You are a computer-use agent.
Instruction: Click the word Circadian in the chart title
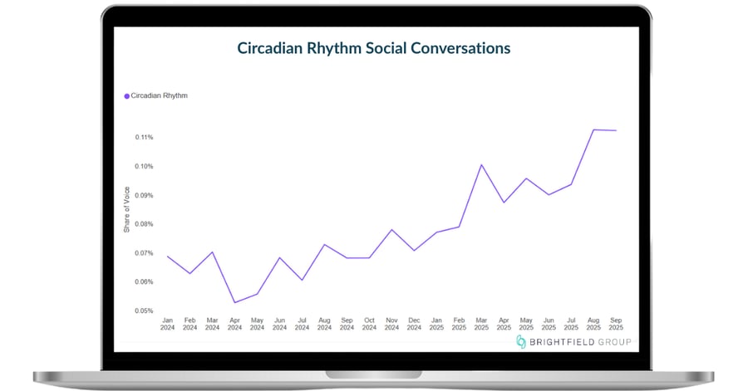pyautogui.click(x=269, y=48)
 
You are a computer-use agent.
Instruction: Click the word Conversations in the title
pyautogui.click(x=460, y=48)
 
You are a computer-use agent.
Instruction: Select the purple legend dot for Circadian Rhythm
pyautogui.click(x=127, y=96)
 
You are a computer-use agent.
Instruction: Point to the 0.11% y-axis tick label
pyautogui.click(x=144, y=137)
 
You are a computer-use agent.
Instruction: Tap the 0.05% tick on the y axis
pyautogui.click(x=144, y=311)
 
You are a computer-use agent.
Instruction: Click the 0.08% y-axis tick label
pyautogui.click(x=144, y=224)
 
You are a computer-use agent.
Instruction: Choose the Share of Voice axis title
pyautogui.click(x=126, y=209)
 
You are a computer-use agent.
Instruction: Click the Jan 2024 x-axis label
pyautogui.click(x=167, y=324)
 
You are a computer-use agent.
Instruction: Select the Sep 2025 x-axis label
pyautogui.click(x=616, y=324)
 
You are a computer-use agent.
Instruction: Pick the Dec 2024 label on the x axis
pyautogui.click(x=414, y=324)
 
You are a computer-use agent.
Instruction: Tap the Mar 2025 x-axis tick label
pyautogui.click(x=481, y=324)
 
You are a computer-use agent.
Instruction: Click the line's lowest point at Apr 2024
pyautogui.click(x=234, y=302)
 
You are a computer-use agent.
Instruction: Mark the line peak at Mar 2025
pyautogui.click(x=481, y=164)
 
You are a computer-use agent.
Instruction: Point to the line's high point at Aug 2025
pyautogui.click(x=593, y=130)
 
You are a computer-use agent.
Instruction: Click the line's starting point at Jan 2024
pyautogui.click(x=167, y=257)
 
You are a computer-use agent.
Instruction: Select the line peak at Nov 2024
pyautogui.click(x=391, y=230)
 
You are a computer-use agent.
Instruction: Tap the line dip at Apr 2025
pyautogui.click(x=504, y=203)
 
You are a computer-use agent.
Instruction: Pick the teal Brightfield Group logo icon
pyautogui.click(x=521, y=341)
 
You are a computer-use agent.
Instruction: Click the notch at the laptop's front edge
pyautogui.click(x=373, y=374)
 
